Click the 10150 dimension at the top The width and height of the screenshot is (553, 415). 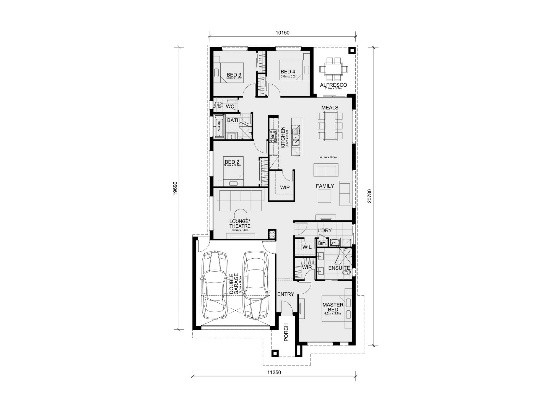(x=282, y=33)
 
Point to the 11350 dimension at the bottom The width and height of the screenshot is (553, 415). (x=274, y=372)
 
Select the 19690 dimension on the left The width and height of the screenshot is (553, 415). (x=175, y=188)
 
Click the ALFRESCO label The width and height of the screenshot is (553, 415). (x=333, y=85)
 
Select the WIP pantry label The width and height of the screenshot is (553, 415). (x=285, y=188)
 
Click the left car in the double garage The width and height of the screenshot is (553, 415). (x=215, y=285)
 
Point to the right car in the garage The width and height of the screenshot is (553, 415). (x=256, y=285)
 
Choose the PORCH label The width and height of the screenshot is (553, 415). (x=286, y=332)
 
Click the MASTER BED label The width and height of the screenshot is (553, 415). (x=333, y=307)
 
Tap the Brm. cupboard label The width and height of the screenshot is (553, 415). (x=322, y=243)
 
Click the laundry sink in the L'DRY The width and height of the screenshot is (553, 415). (x=335, y=243)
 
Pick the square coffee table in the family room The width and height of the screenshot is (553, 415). (x=324, y=196)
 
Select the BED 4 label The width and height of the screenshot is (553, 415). (x=288, y=72)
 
